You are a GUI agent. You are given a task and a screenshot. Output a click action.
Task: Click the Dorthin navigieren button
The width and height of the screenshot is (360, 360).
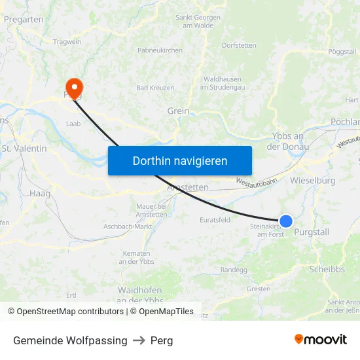(x=180, y=160)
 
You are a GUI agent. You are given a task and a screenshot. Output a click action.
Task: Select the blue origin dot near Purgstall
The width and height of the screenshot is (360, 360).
(x=286, y=221)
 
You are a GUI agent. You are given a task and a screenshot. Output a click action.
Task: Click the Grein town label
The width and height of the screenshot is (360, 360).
(x=178, y=111)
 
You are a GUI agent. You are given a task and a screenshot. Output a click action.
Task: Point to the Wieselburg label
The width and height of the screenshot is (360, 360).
(x=312, y=180)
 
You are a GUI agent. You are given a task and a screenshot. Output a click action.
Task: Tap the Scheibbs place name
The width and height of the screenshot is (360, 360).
(x=326, y=269)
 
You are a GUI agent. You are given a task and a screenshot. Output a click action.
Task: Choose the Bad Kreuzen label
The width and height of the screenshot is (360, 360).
(x=155, y=88)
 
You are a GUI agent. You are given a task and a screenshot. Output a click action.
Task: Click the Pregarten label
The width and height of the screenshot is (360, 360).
(x=24, y=20)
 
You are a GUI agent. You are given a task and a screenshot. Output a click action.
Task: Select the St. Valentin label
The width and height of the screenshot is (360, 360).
(x=24, y=149)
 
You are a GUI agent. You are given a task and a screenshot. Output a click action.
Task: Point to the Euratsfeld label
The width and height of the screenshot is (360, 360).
(x=215, y=220)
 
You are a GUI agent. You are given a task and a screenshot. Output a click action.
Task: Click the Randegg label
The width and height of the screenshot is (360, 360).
(x=234, y=270)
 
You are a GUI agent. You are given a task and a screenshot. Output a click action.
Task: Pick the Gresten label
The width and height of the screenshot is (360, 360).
(x=259, y=289)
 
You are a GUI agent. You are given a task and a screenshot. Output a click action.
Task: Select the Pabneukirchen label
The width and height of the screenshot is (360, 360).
(x=160, y=50)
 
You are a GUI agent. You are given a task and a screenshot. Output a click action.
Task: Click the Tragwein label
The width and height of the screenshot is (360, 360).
(x=67, y=42)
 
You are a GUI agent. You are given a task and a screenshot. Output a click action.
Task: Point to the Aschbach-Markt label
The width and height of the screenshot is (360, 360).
(x=128, y=226)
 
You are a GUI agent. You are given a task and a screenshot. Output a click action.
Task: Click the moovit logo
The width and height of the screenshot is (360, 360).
(x=321, y=340)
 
